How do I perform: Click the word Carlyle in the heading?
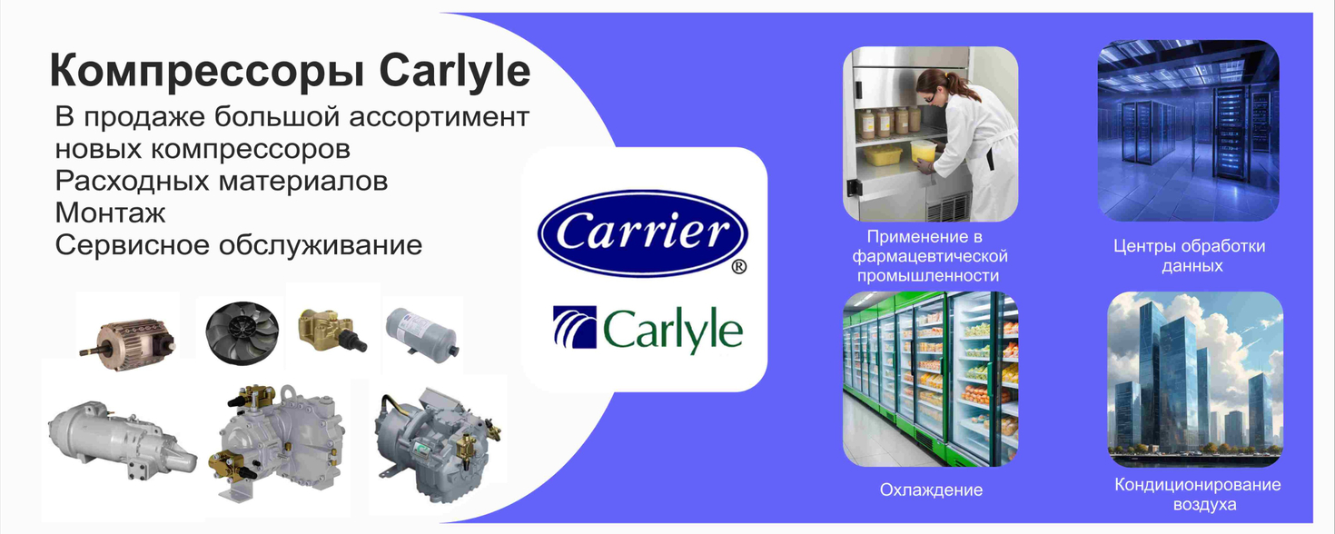(x=455, y=72)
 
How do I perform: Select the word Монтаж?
(x=110, y=213)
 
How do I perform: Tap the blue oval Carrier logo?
(x=642, y=233)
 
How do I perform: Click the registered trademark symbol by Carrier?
(x=738, y=266)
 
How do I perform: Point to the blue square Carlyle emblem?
(x=575, y=327)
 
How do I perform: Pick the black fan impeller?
(x=242, y=331)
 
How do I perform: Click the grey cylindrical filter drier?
(x=422, y=331)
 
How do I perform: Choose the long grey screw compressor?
(x=122, y=440)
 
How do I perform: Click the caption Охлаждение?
(x=931, y=489)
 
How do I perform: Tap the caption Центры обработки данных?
(x=1190, y=256)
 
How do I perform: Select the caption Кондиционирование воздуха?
(x=1198, y=494)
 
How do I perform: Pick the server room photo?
(x=1189, y=131)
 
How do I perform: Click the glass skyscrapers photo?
(x=1195, y=379)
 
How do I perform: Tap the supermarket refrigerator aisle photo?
(x=930, y=379)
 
